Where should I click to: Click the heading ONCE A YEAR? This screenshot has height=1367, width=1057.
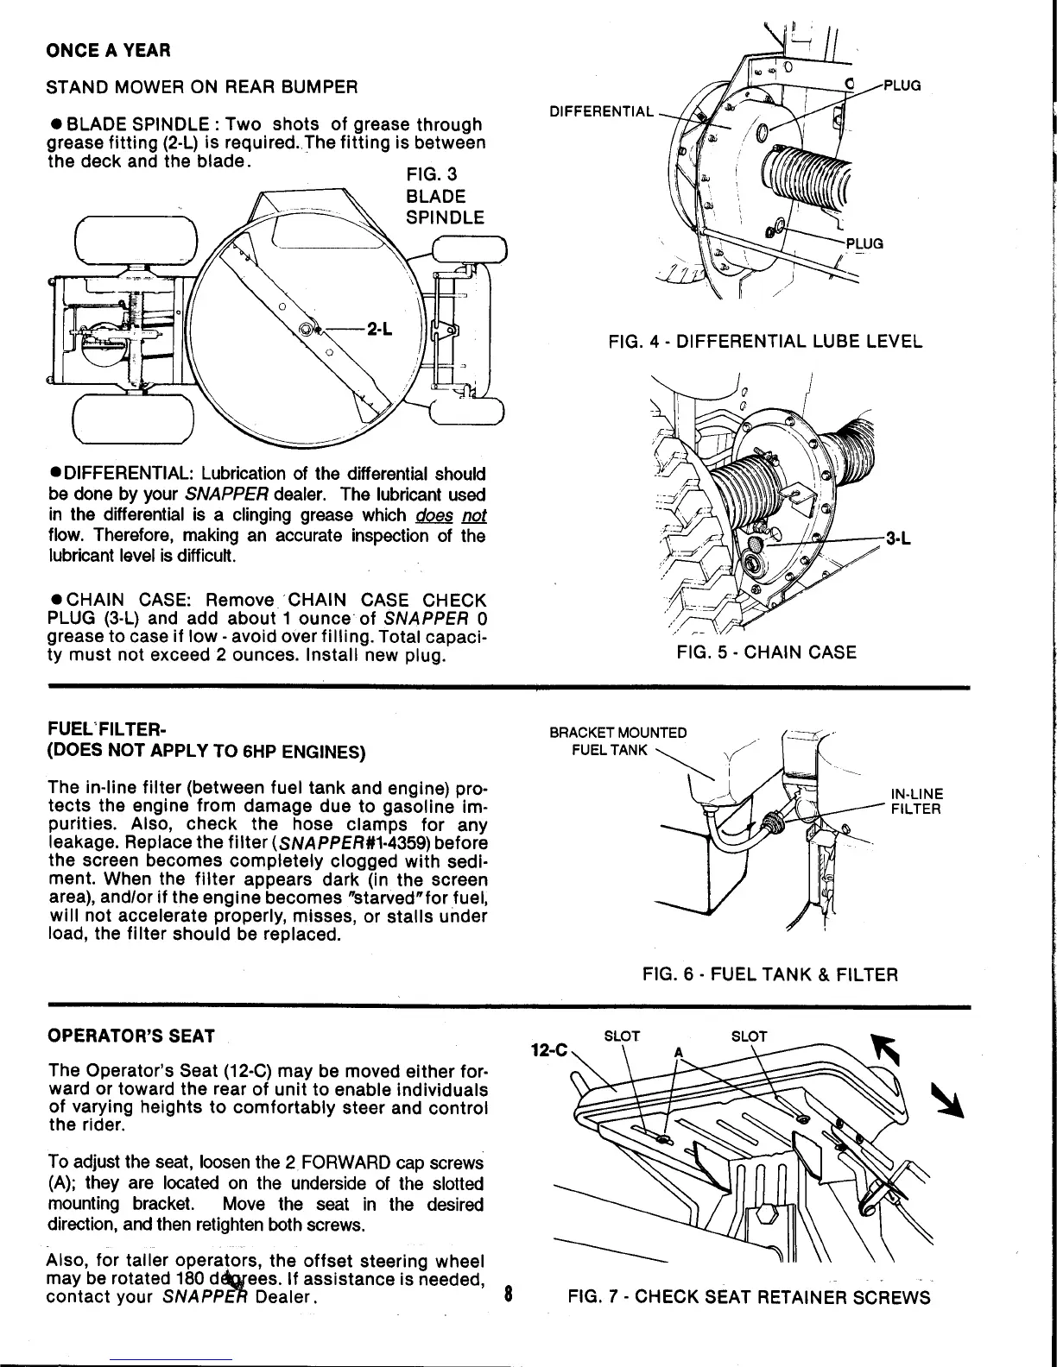(x=108, y=50)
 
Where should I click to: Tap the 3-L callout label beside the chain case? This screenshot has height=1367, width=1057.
(x=901, y=539)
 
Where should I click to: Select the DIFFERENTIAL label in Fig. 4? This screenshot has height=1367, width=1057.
(x=602, y=111)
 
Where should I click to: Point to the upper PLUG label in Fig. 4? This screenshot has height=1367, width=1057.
(x=901, y=85)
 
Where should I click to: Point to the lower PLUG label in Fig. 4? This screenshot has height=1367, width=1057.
(x=864, y=243)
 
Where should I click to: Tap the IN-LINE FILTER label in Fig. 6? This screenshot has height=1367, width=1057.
(x=916, y=802)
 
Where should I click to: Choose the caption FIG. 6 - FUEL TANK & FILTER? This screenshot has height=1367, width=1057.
(x=770, y=975)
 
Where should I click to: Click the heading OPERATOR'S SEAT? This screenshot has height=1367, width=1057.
(x=130, y=1036)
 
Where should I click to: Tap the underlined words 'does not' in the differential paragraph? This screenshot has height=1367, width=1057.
(x=459, y=515)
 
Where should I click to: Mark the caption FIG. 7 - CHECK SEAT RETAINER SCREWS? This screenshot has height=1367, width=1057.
(x=749, y=1298)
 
